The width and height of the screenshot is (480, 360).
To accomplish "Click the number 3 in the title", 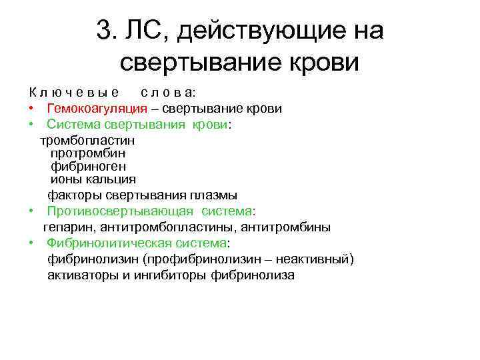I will [x=103, y=30].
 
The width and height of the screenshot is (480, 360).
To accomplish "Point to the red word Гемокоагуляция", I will [x=97, y=108].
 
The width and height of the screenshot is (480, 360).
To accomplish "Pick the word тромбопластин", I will [x=87, y=141].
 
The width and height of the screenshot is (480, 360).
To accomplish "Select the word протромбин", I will [x=88, y=153].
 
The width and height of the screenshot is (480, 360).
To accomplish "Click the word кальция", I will [x=113, y=179].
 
